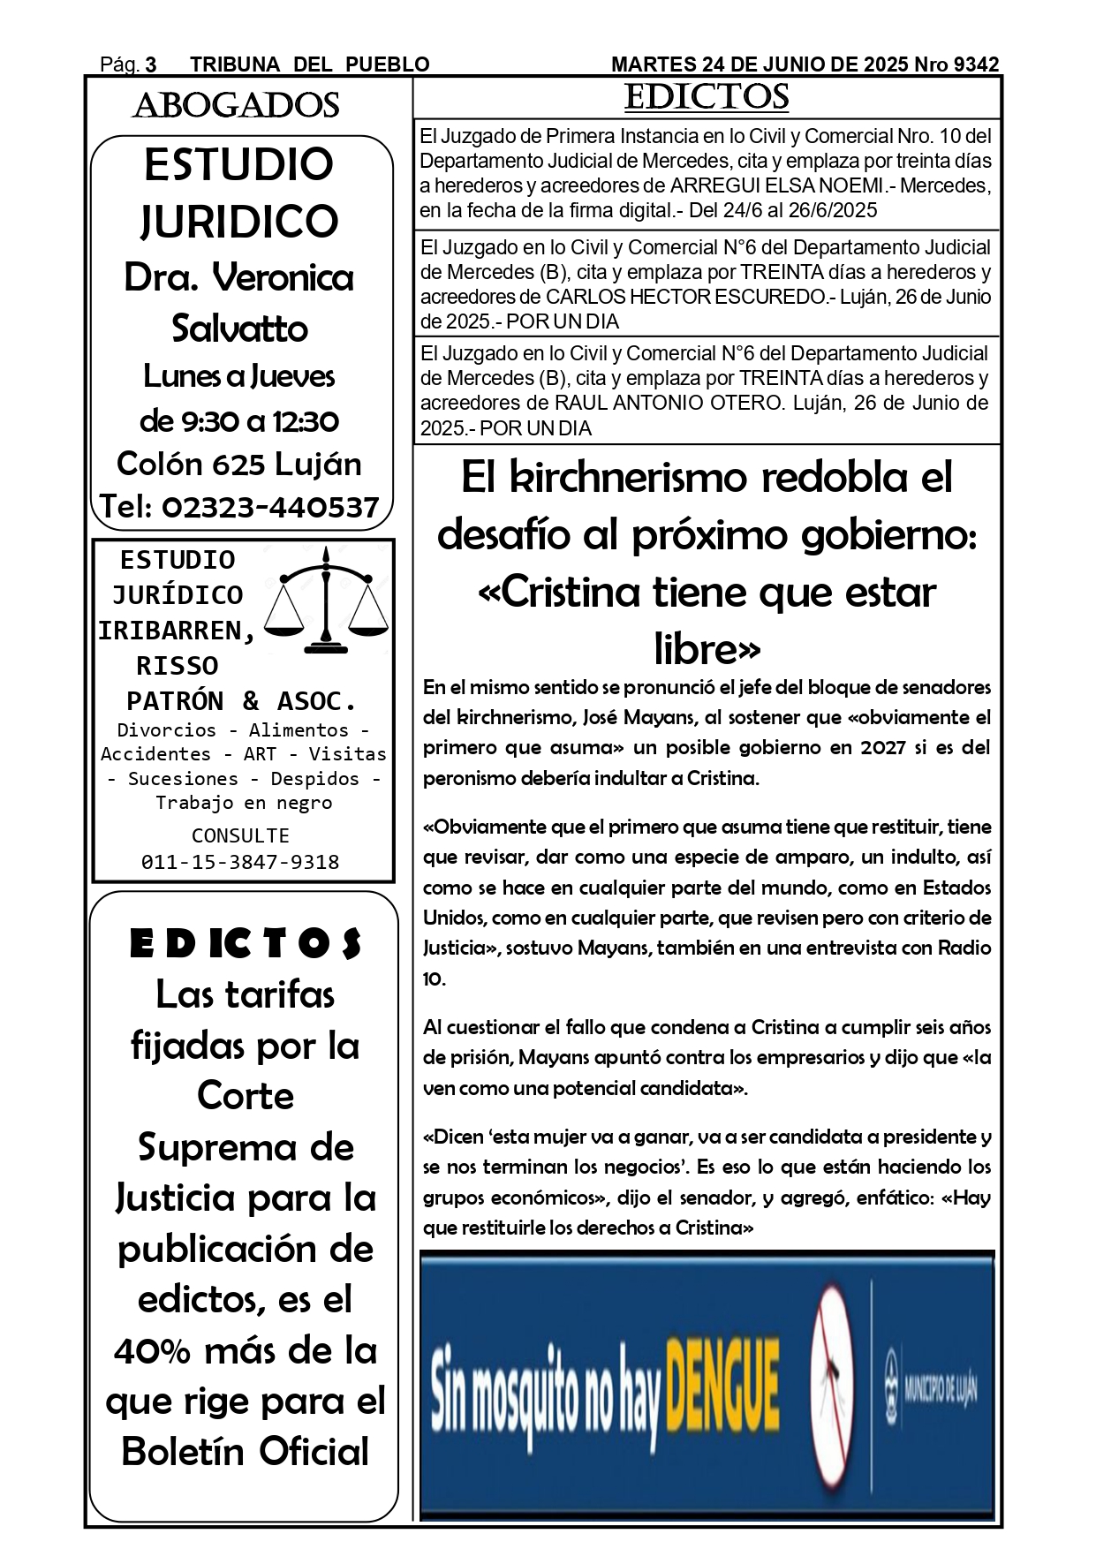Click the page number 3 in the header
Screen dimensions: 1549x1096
coord(151,64)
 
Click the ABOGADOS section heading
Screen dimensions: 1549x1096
coord(236,106)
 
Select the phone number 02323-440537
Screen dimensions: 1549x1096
coord(270,507)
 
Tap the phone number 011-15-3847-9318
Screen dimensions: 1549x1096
coord(240,862)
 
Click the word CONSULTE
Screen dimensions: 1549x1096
coord(240,835)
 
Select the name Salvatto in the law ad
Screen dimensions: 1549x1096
coord(239,329)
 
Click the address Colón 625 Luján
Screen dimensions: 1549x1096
coord(239,464)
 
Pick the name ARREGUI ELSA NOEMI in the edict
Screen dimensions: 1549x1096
coord(777,186)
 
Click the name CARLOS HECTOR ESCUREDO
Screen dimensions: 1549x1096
coord(687,297)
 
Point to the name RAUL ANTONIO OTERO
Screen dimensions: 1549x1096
coord(669,404)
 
